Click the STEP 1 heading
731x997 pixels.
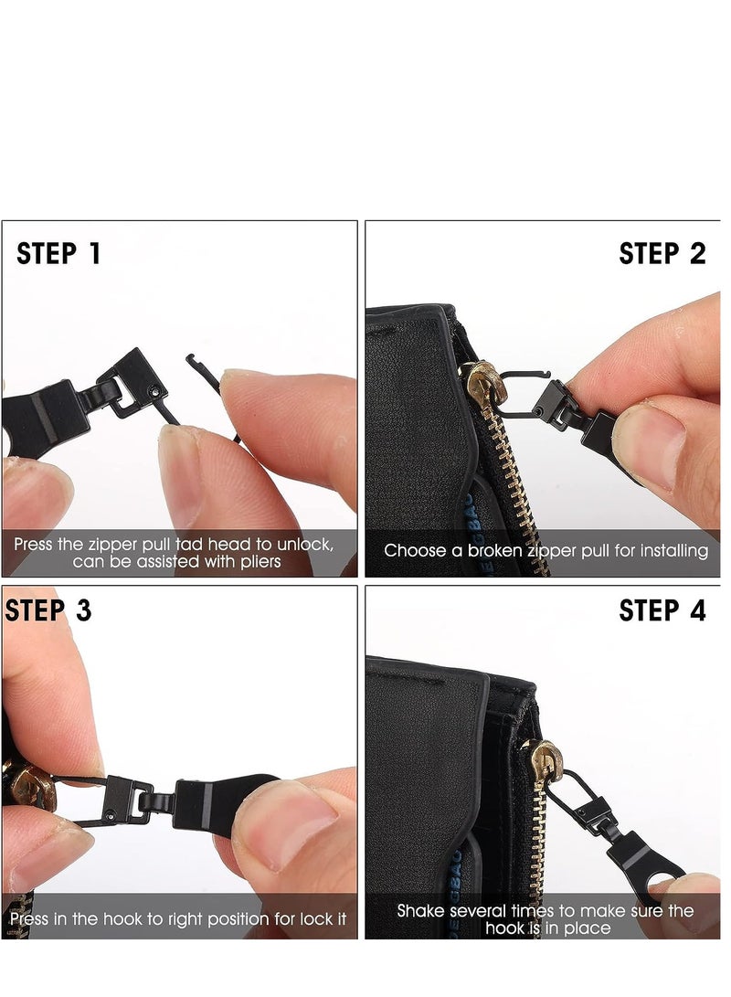pos(58,253)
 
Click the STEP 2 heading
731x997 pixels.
pos(662,253)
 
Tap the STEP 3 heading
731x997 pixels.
pos(48,610)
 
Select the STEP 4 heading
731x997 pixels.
pos(662,610)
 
